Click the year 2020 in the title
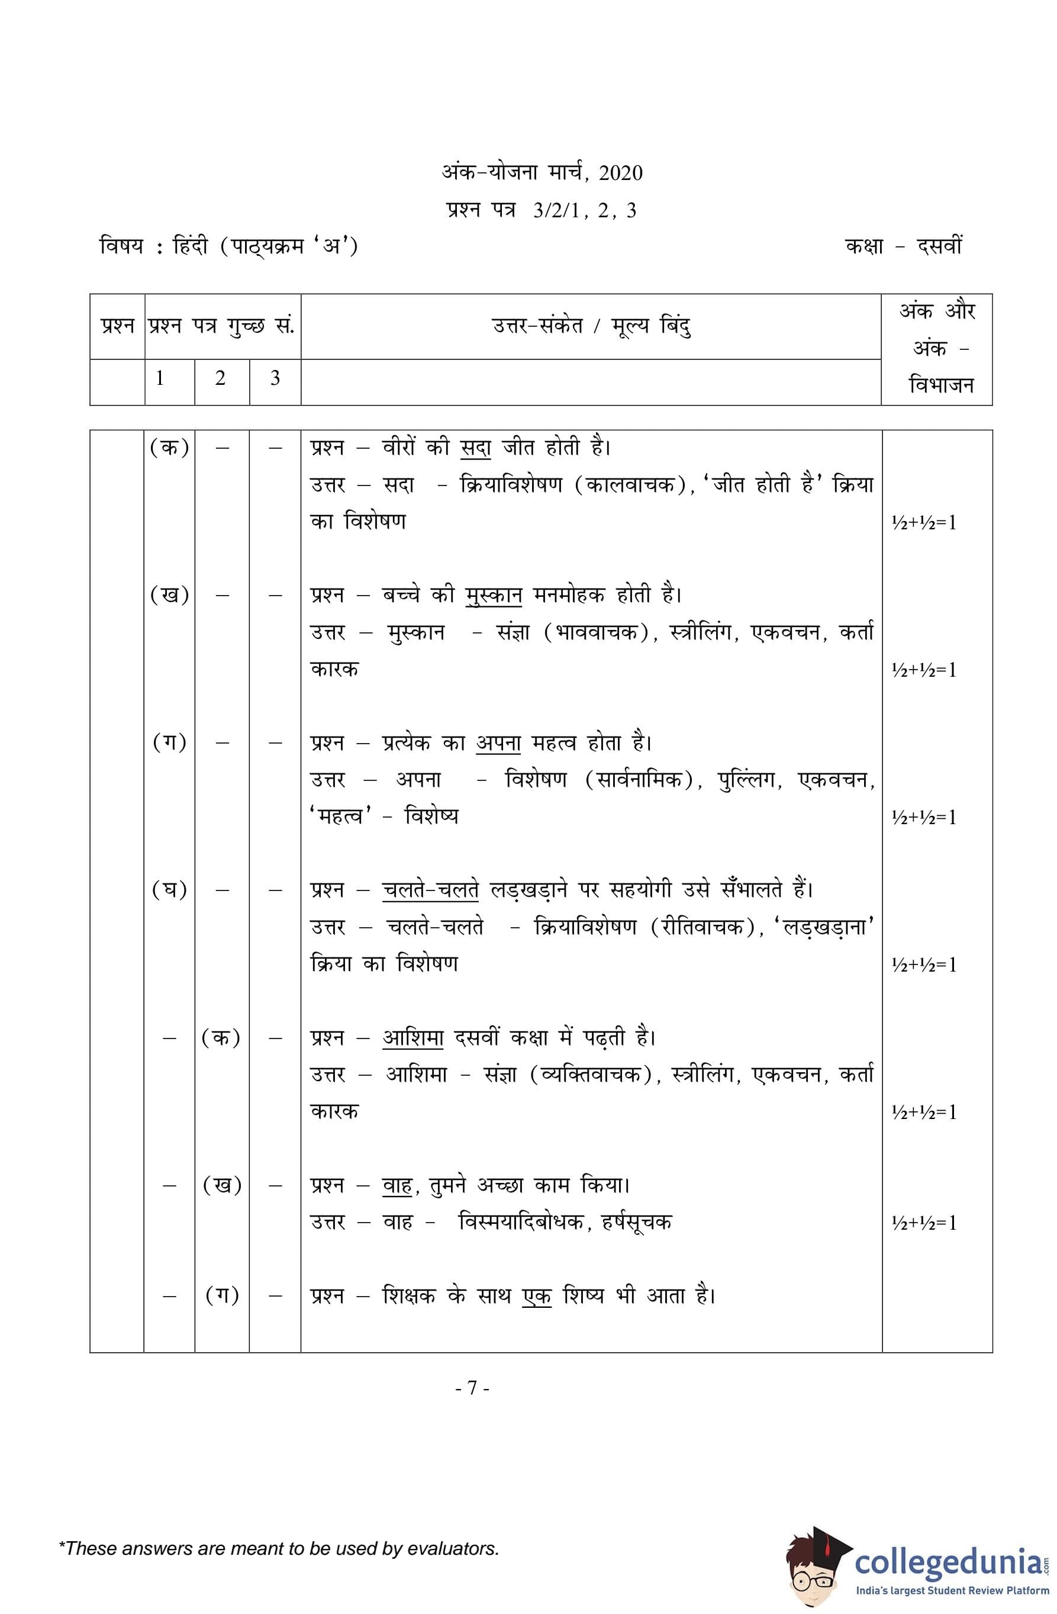point(620,173)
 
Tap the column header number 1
point(159,378)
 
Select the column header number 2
point(220,378)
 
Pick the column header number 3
point(275,378)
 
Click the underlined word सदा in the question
point(475,448)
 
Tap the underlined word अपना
point(498,742)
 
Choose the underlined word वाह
point(397,1185)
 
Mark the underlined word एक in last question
point(536,1296)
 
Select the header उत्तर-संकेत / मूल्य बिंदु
point(591,327)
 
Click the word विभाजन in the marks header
point(941,385)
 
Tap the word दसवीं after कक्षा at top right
point(939,246)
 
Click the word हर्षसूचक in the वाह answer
point(637,1222)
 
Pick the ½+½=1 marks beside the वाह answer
point(924,1223)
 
